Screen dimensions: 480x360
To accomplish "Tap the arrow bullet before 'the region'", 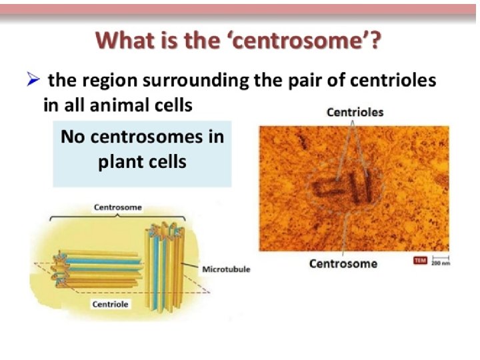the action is click(35, 81).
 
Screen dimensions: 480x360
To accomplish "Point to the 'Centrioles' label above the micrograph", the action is click(355, 112).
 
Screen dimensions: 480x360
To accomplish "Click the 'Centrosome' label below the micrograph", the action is click(343, 263).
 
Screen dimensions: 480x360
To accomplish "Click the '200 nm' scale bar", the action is click(441, 261).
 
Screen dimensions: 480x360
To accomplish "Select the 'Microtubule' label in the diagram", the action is click(225, 269).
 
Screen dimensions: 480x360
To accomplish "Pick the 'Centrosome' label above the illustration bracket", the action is click(117, 207).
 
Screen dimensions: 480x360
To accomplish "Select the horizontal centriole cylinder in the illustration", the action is click(100, 266).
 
